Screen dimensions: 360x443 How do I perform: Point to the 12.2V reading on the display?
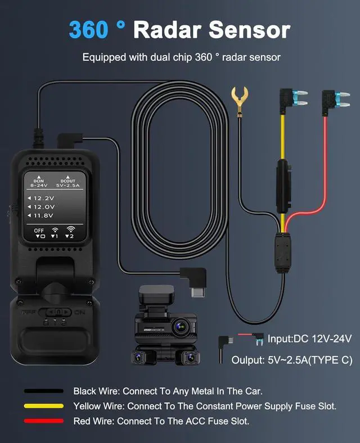[x=43, y=198]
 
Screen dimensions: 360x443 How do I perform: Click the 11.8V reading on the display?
[x=43, y=215]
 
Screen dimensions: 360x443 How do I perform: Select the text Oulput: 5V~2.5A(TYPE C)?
[x=291, y=360]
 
